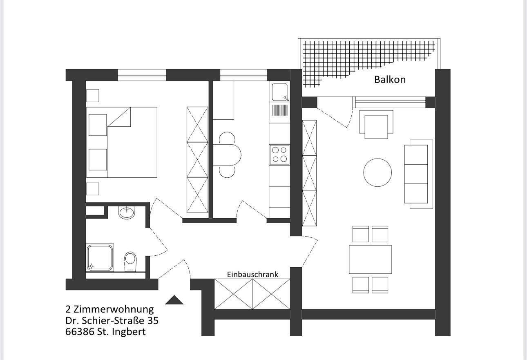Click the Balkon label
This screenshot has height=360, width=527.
tap(390, 80)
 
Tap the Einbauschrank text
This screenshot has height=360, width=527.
tap(252, 274)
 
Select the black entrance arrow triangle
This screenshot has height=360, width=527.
tap(174, 300)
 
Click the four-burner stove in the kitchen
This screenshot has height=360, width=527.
tap(279, 154)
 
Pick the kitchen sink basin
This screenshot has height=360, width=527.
tap(279, 92)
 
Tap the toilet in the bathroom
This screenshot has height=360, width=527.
tap(130, 262)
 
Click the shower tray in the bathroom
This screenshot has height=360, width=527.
tap(100, 258)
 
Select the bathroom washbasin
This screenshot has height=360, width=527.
tap(127, 212)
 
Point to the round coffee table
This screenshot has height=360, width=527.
tap(377, 172)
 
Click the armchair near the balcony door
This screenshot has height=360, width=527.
tap(376, 124)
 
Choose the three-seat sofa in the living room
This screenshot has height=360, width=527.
tap(419, 174)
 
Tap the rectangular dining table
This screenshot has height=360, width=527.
tap(370, 259)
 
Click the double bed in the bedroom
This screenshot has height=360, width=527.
tap(122, 142)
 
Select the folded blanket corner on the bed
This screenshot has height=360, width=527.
tap(119, 117)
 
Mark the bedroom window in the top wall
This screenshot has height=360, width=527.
tap(142, 75)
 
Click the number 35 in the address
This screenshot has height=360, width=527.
tap(153, 320)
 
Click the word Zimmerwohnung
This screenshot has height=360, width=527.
tap(114, 309)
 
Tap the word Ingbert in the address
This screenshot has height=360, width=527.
tap(129, 332)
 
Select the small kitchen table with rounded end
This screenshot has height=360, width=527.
tap(227, 155)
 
